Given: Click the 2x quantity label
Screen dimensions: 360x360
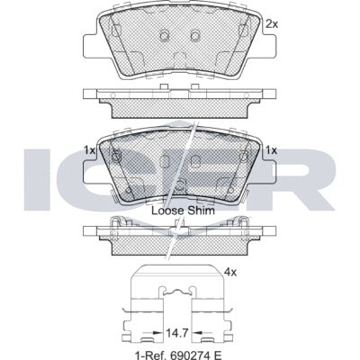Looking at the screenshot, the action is point(272,24).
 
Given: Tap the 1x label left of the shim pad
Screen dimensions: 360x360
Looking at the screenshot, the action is point(89,150).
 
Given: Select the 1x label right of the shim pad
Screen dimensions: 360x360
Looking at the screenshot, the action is point(272,150).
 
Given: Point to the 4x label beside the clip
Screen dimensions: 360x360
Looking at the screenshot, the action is point(230,273).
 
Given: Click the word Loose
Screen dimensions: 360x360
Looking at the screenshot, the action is point(167,211).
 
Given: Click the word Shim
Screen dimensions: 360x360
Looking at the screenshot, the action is point(201,211).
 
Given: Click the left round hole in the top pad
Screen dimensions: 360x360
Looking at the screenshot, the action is point(165,36).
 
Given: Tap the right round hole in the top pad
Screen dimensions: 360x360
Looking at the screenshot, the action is point(195,36).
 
